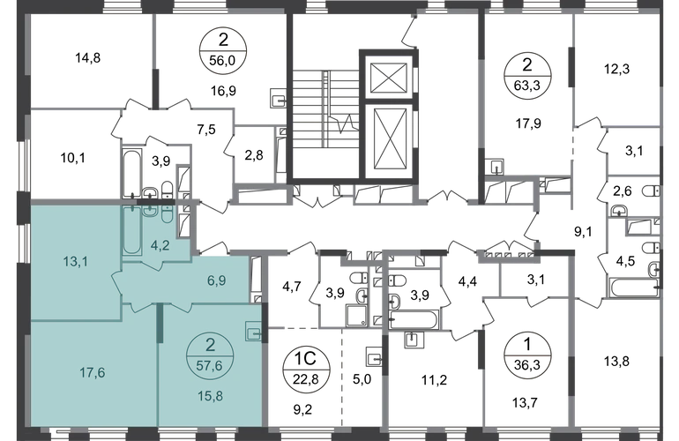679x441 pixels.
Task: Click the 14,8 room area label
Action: tap(88, 57)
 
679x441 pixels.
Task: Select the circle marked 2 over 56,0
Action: tap(222, 50)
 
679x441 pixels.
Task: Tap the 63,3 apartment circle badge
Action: tap(528, 75)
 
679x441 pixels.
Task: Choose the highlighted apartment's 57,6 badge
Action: tap(210, 355)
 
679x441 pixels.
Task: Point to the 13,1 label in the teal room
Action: tap(75, 261)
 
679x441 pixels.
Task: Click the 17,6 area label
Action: tap(93, 372)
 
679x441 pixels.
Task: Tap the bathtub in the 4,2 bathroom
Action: tap(131, 230)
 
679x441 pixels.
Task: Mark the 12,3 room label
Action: tap(617, 69)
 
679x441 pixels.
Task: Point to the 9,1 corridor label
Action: tap(583, 232)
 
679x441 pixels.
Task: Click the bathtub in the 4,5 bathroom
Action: tap(633, 288)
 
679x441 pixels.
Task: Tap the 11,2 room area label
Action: tap(435, 380)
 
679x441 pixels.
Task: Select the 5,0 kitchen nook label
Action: tap(362, 379)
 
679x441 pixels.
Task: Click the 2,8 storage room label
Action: tap(254, 154)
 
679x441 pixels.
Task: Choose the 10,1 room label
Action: tap(72, 158)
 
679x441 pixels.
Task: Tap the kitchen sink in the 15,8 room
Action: tap(254, 332)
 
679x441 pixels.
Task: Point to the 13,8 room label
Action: tap(616, 361)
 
